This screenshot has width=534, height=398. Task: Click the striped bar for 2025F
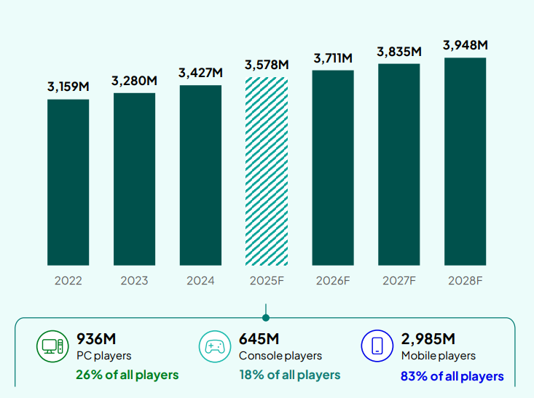click(267, 171)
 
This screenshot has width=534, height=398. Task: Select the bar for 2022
click(68, 182)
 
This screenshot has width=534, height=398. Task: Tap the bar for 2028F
click(465, 161)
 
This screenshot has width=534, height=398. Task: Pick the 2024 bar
click(200, 175)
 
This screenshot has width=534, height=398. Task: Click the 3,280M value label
click(134, 81)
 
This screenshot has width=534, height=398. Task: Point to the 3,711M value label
click(333, 57)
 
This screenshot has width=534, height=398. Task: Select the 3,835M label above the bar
click(399, 52)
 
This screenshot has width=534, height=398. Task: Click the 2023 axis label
click(134, 280)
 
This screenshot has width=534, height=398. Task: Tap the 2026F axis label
click(333, 280)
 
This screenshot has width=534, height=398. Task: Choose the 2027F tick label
click(399, 280)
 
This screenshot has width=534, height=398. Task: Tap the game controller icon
click(213, 346)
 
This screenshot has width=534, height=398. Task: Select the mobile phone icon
click(377, 346)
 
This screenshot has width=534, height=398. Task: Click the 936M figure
click(96, 338)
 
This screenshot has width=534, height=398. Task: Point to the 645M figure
click(259, 338)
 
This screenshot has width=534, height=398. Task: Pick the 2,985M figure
click(428, 338)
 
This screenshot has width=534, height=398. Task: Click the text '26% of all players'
click(127, 375)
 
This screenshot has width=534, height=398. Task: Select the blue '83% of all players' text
click(452, 376)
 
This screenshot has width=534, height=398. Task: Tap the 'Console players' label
click(280, 356)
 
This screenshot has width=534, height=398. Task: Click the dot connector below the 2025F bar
click(266, 317)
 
